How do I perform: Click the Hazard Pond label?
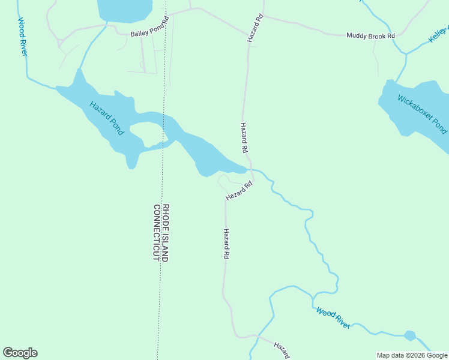pos(106,118)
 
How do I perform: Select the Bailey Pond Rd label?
pos(150,34)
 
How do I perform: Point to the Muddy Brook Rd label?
pos(371,36)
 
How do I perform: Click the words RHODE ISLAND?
pos(166,232)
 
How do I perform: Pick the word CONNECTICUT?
pos(157,232)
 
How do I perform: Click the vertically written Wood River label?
pos(23,37)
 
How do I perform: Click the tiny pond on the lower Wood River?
pos(410,335)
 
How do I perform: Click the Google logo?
pos(20,353)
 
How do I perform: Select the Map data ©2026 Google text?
pos(412,355)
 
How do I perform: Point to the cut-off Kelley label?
pos(438,34)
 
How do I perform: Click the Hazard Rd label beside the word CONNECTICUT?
pos(226,244)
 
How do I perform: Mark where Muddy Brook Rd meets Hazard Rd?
pos(262,16)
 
